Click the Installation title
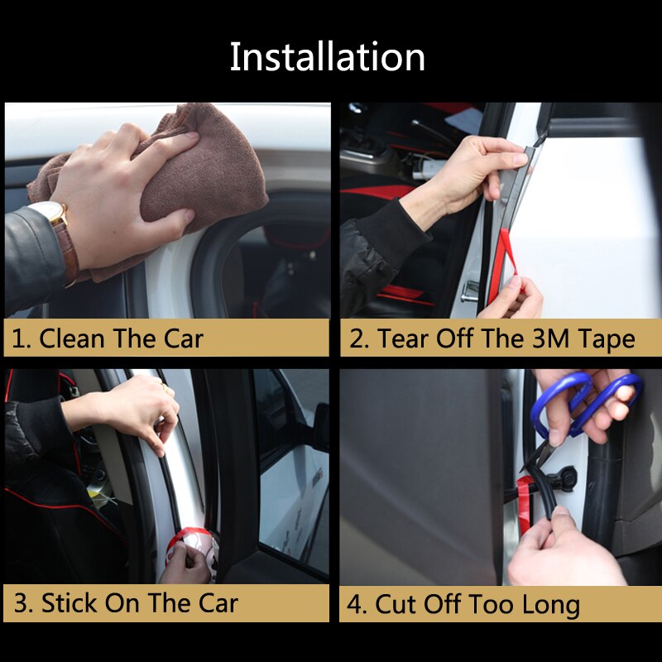pos(328,57)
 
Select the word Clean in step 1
pos(71,338)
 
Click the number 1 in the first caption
pos(18,338)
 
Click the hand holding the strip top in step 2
pos(476,170)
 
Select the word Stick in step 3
pos(70,603)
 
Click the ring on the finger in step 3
pos(164,386)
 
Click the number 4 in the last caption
pos(356,604)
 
